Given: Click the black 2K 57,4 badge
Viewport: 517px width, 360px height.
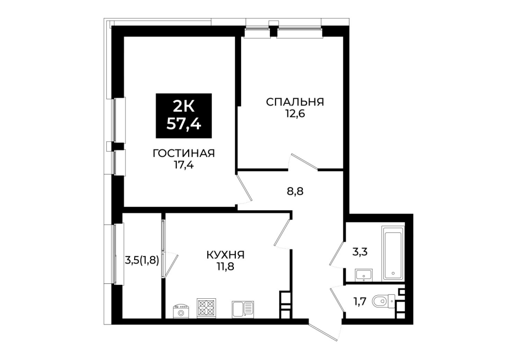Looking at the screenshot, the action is tap(183, 116).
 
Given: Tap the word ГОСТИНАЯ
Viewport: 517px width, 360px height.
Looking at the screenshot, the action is tap(183, 153).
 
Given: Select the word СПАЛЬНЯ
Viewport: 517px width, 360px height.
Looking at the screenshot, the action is tap(295, 102).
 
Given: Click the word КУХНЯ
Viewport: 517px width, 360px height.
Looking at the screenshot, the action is tap(225, 255).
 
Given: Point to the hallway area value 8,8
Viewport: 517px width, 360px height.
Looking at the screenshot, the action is tap(295, 191).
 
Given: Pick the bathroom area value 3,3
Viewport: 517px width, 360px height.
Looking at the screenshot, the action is tap(360, 252).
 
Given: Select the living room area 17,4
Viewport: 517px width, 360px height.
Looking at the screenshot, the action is tap(183, 165).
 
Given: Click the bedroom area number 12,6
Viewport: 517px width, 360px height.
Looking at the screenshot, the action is tap(295, 114).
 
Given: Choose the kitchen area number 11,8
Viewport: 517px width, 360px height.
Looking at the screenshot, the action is tap(225, 266).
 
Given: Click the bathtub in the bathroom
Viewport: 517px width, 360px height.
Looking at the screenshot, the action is tap(393, 254).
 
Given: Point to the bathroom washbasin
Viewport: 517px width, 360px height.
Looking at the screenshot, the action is tap(364, 275).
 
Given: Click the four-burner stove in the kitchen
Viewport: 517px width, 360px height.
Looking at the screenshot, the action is tap(207, 308).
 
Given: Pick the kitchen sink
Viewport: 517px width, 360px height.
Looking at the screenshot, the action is tap(243, 309).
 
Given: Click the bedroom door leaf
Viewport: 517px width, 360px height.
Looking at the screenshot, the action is tap(304, 161).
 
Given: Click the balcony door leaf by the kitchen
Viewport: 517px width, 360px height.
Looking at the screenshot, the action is tap(171, 265).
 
